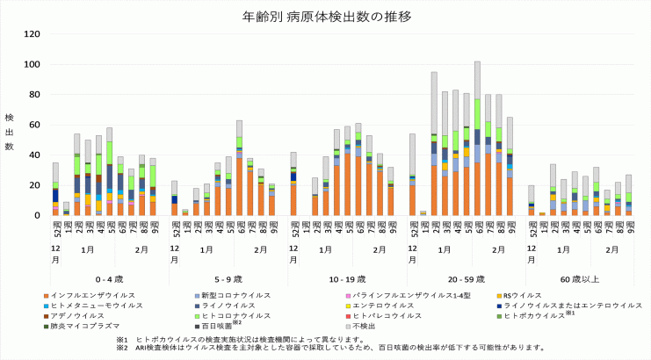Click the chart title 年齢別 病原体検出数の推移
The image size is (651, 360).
[x=326, y=17]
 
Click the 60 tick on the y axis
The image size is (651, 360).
[x=34, y=125]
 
